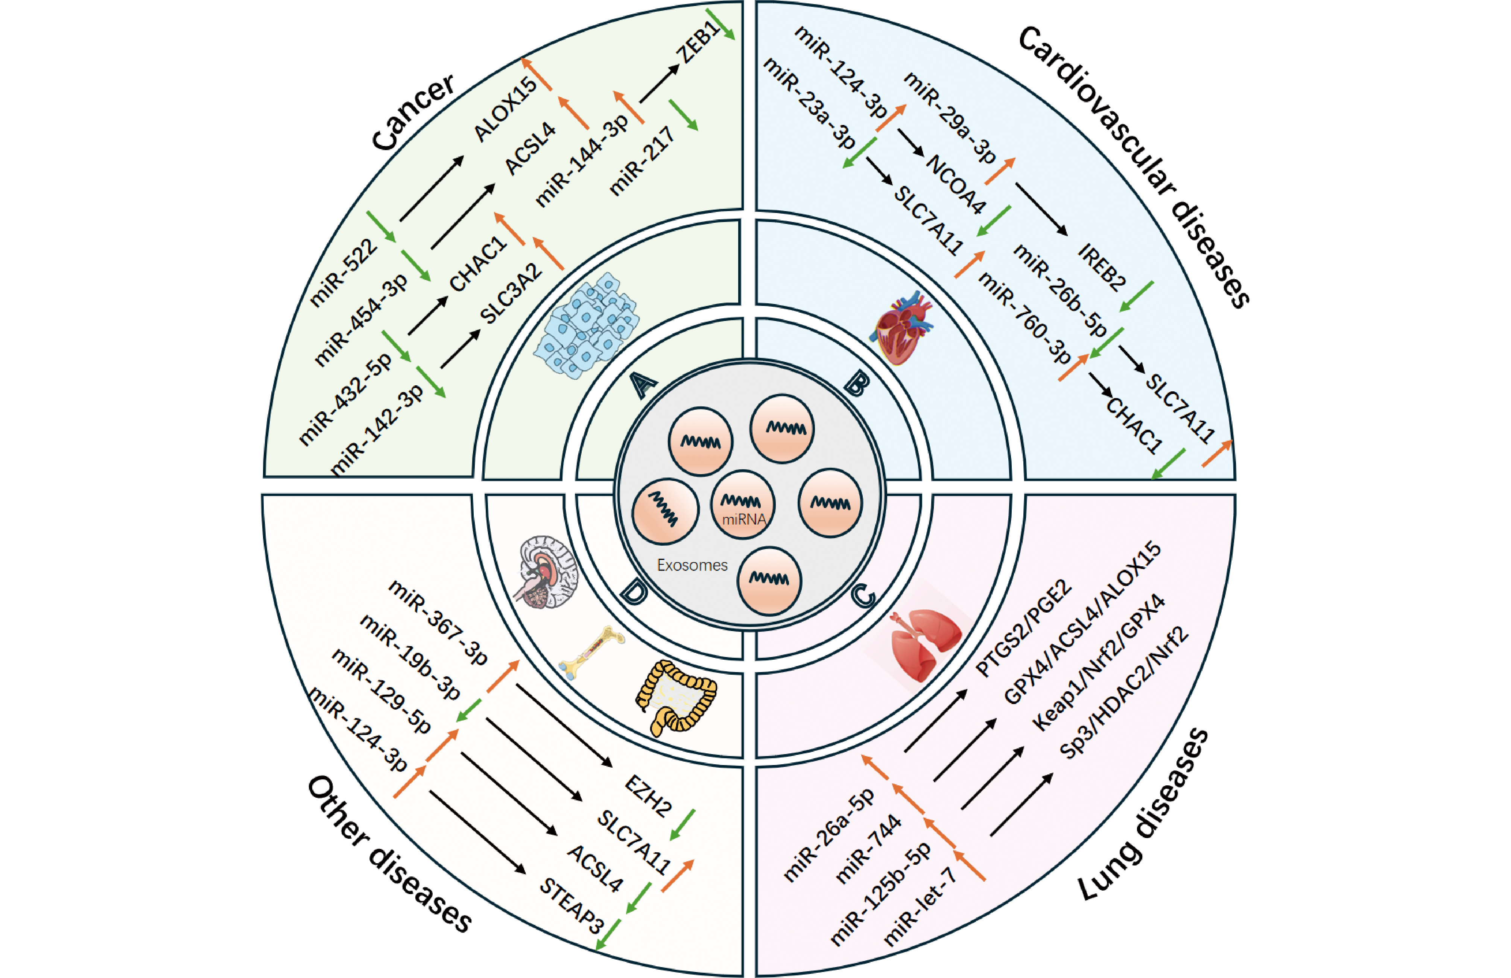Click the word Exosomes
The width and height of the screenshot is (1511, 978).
tap(692, 565)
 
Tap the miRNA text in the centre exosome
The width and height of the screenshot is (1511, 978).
tap(744, 520)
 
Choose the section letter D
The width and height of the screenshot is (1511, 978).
tap(634, 593)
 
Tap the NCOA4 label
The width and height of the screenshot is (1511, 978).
tap(956, 184)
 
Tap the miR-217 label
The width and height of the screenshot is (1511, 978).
tap(641, 161)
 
